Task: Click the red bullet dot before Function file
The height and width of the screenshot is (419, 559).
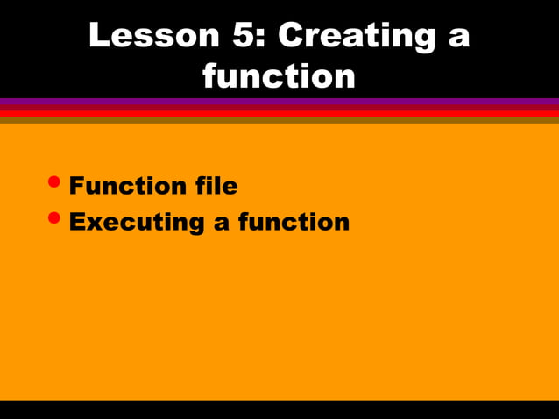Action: click(x=55, y=181)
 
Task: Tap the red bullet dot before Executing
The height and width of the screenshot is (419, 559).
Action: click(x=55, y=217)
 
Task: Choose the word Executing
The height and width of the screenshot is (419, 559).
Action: click(x=137, y=223)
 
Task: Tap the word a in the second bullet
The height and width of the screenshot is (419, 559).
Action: click(x=223, y=224)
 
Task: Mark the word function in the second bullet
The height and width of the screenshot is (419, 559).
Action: click(x=294, y=222)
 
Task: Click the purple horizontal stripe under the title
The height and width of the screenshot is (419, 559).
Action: click(x=279, y=103)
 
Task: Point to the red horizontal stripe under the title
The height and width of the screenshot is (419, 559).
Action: click(x=279, y=113)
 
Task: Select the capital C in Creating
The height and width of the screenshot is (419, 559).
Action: click(x=294, y=35)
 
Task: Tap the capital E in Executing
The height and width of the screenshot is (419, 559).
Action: click(x=78, y=222)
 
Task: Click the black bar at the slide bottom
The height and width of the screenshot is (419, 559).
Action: click(x=279, y=409)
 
